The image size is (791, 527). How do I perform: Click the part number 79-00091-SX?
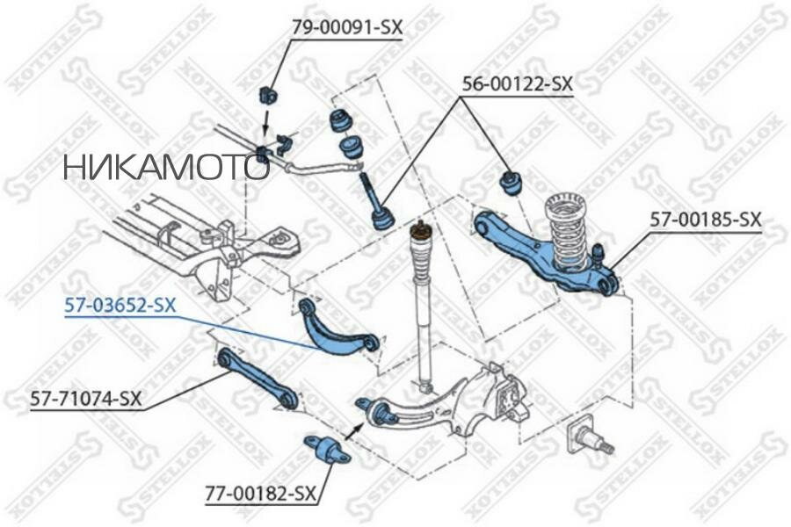pos(346,28)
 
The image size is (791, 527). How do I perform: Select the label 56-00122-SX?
pos(518,84)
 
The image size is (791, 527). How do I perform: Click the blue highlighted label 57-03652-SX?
pos(120,306)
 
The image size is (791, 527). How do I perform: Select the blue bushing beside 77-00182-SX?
pos(326,450)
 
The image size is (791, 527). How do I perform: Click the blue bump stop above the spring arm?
pos(510,182)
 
